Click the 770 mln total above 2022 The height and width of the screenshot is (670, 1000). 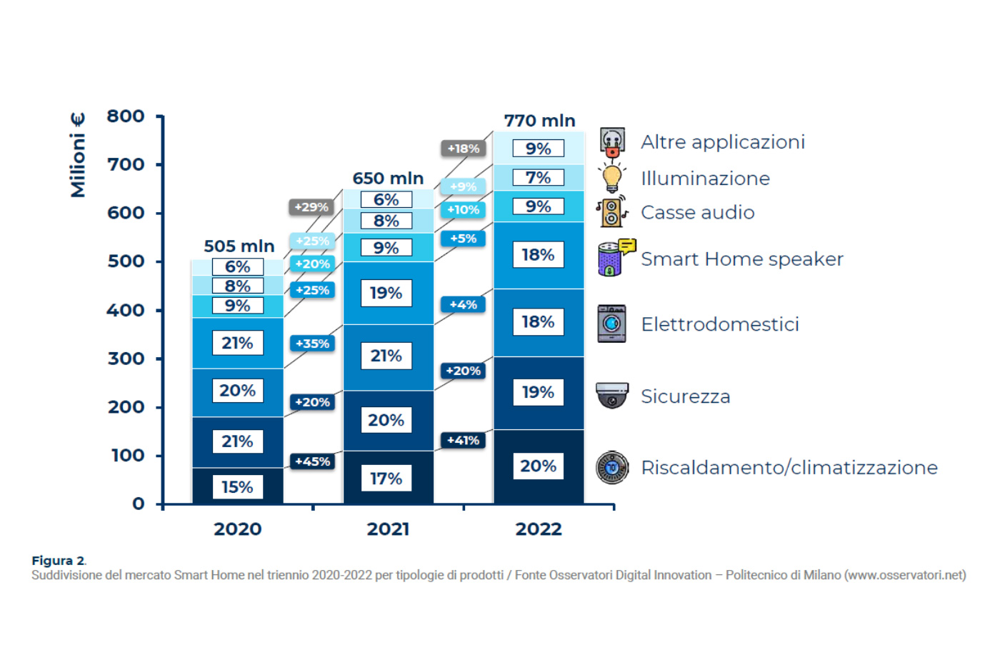(x=540, y=121)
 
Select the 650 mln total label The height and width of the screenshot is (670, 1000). (x=388, y=178)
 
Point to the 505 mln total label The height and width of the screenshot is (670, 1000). (x=239, y=246)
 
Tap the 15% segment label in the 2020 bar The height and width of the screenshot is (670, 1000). (x=237, y=486)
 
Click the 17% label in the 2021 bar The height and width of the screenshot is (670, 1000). (x=386, y=479)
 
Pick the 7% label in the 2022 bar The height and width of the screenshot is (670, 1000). (x=539, y=178)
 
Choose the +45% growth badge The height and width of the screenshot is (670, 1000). (x=313, y=461)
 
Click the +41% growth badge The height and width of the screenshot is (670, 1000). (x=463, y=440)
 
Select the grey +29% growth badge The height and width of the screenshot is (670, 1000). (x=311, y=207)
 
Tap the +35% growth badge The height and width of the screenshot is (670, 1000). (x=313, y=344)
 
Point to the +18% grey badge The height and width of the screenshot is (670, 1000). (x=464, y=148)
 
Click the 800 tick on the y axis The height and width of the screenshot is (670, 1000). (x=126, y=116)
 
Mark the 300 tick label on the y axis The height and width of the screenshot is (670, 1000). (x=126, y=359)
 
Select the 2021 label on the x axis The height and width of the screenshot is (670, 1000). (x=388, y=529)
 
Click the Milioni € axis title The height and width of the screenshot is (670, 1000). (x=78, y=155)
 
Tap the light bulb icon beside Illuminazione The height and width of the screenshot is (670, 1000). (x=612, y=178)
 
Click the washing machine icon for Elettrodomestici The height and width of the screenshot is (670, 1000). (x=611, y=324)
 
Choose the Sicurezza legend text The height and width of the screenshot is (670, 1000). (x=685, y=396)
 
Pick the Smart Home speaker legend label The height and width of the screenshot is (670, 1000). (x=742, y=259)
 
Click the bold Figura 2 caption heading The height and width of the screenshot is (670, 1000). (x=59, y=561)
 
